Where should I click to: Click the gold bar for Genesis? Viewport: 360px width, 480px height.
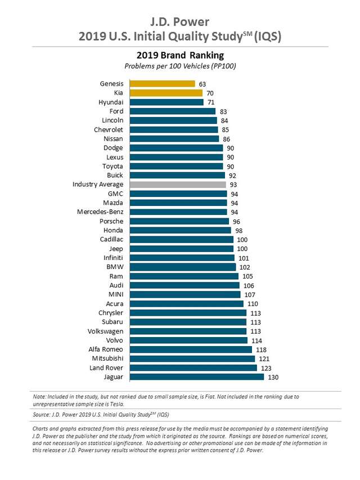pyautogui.click(x=162, y=84)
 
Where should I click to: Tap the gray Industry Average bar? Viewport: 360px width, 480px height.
pyautogui.click(x=178, y=185)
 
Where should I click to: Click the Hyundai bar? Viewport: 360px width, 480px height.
pyautogui.click(x=166, y=102)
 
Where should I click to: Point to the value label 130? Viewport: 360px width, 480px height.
pyautogui.click(x=273, y=377)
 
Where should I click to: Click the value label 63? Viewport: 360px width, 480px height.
pyautogui.click(x=202, y=84)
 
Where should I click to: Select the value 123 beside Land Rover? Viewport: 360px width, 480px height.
pyautogui.click(x=265, y=368)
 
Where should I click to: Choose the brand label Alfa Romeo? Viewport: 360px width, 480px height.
pyautogui.click(x=106, y=349)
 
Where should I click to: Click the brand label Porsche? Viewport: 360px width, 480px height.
pyautogui.click(x=111, y=221)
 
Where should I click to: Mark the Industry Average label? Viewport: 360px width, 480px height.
pyautogui.click(x=98, y=185)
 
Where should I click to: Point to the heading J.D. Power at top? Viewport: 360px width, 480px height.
pyautogui.click(x=180, y=22)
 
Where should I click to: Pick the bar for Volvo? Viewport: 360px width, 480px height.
pyautogui.click(x=188, y=340)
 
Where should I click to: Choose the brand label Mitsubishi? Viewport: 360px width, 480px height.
pyautogui.click(x=107, y=358)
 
